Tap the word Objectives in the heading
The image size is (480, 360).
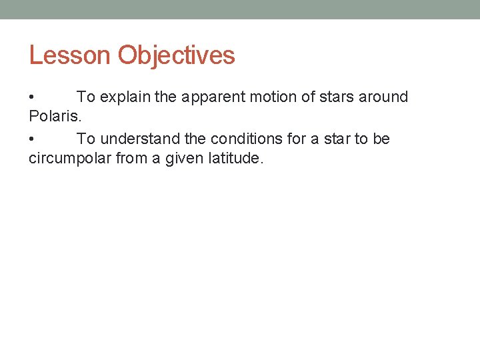click(177, 55)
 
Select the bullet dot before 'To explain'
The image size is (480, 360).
click(32, 97)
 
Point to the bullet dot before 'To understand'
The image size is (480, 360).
click(32, 139)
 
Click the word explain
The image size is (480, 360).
click(125, 97)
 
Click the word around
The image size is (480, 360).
click(383, 97)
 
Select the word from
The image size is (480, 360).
click(133, 159)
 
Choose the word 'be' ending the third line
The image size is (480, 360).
click(381, 139)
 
